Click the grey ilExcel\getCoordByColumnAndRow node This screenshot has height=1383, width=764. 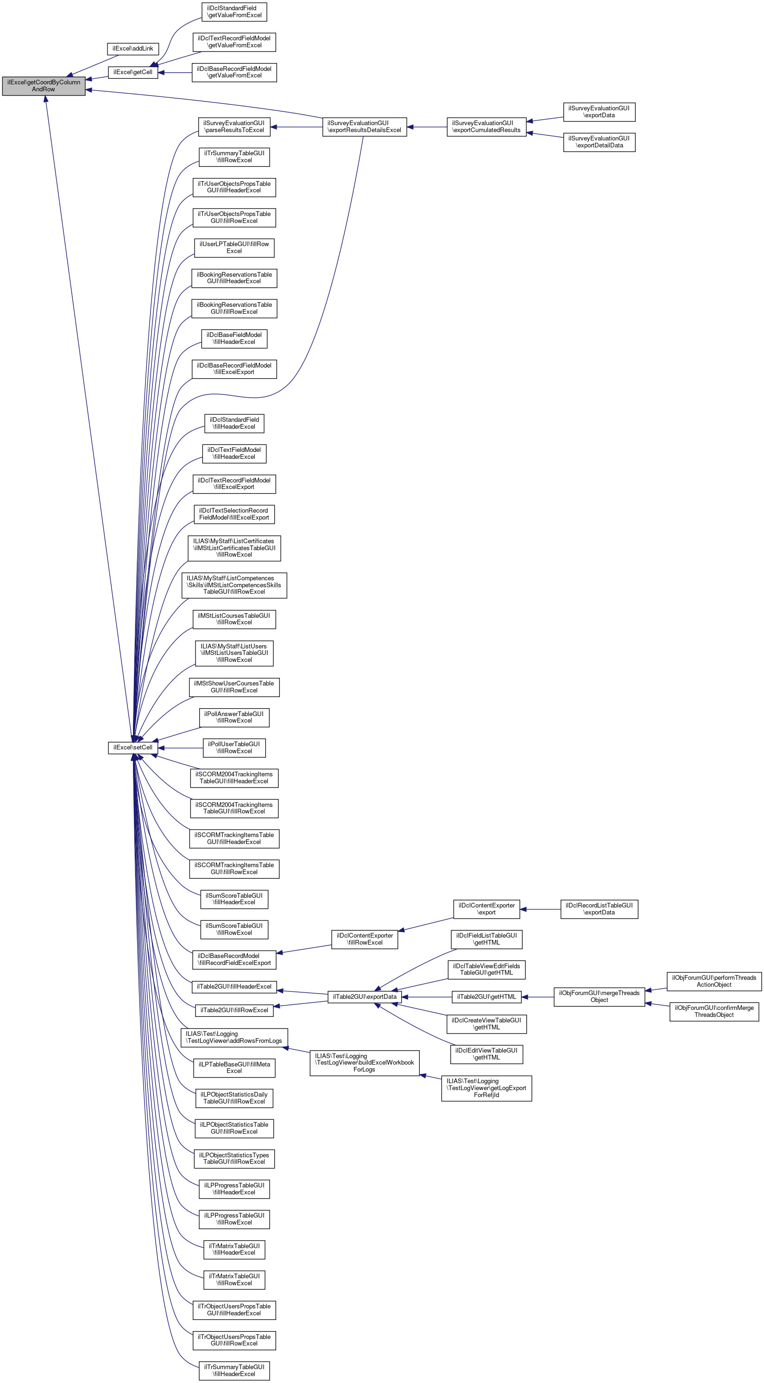tap(44, 86)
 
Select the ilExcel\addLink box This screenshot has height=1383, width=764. tap(133, 49)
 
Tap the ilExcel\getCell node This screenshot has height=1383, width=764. tap(133, 72)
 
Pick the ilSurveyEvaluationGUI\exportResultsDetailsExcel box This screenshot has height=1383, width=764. tap(364, 127)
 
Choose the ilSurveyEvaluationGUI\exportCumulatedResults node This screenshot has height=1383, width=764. tap(486, 127)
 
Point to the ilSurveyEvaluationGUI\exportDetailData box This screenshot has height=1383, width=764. tap(599, 142)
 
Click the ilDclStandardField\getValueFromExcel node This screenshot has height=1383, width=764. tap(234, 12)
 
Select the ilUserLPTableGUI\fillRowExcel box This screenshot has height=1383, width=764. tap(234, 247)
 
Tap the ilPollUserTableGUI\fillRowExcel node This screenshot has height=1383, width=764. tap(234, 747)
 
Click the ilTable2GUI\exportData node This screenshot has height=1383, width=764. tap(364, 997)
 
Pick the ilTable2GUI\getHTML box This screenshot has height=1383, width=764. tap(486, 997)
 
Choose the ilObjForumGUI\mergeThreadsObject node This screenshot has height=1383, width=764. tap(599, 996)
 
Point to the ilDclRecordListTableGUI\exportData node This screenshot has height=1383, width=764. tap(599, 909)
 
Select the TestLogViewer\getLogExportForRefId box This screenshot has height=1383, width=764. tap(486, 1088)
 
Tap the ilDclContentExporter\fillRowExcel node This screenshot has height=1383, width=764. tap(364, 939)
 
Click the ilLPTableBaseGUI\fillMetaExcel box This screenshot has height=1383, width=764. tap(234, 1067)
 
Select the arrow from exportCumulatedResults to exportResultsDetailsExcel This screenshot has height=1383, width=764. tap(427, 127)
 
